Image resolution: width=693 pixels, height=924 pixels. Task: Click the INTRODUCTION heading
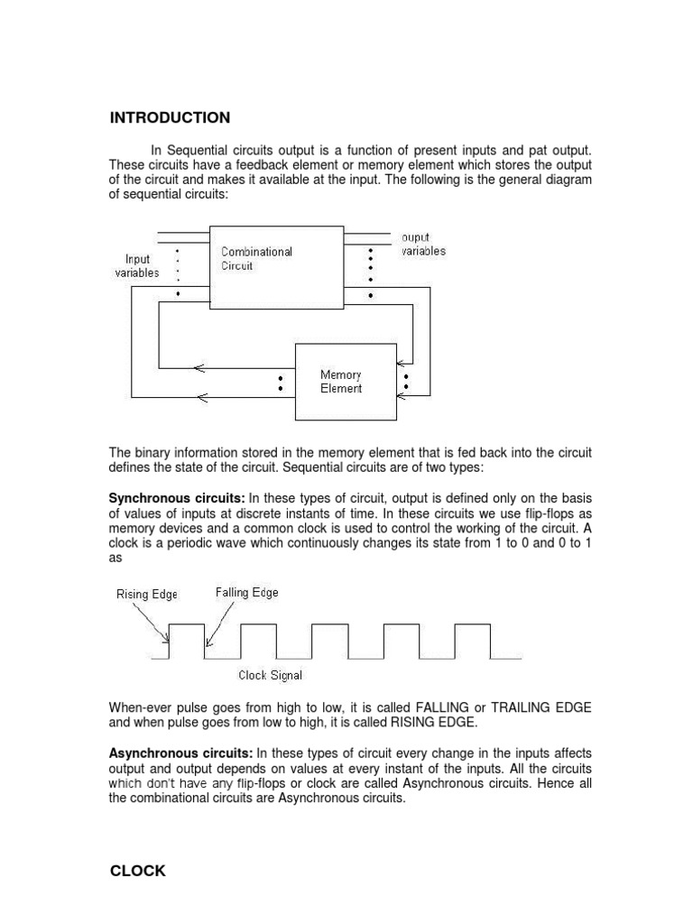(x=170, y=118)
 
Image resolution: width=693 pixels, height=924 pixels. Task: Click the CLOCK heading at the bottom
(x=138, y=871)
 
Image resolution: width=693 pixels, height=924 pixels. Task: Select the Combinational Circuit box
(x=276, y=267)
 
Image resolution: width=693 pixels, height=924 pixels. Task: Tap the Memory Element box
(x=346, y=382)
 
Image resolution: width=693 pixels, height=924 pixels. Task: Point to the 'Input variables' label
(x=137, y=266)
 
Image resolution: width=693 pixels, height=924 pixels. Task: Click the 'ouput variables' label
(x=423, y=245)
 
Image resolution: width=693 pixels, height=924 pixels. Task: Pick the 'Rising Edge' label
(x=147, y=594)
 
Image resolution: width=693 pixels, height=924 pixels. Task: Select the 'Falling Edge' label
(x=246, y=593)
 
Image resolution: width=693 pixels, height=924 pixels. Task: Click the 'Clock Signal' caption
(x=270, y=675)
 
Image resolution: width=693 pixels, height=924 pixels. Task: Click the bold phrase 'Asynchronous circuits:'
(x=181, y=753)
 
